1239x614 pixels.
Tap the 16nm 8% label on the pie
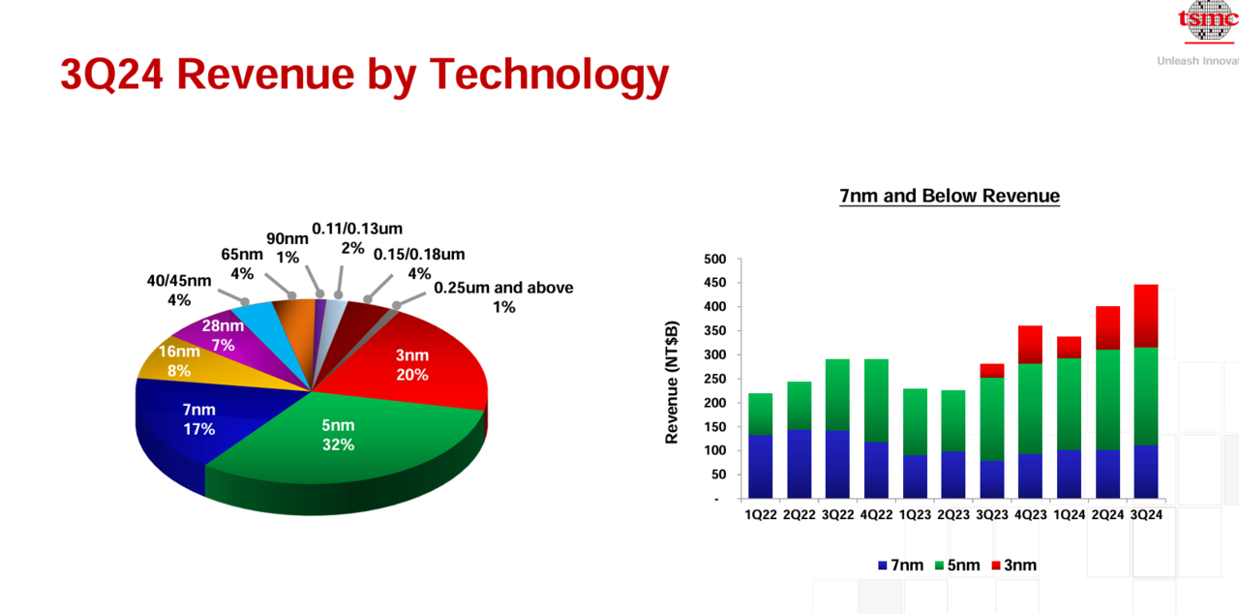(x=179, y=360)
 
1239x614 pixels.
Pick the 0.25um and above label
(x=503, y=297)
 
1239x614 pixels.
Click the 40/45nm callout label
(x=179, y=290)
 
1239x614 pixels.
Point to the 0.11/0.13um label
(x=357, y=238)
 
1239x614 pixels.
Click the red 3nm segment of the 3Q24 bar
(x=1145, y=316)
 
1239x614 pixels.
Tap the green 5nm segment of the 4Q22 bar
(x=876, y=401)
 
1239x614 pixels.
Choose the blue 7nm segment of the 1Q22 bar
(x=761, y=467)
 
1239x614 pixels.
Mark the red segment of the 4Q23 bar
(x=1031, y=345)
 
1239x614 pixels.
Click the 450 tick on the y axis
(x=714, y=283)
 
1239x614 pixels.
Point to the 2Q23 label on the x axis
(x=953, y=515)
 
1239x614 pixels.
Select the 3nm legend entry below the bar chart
(x=1013, y=565)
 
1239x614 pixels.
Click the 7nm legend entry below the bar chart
(x=900, y=565)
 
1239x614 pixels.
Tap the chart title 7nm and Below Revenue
(x=950, y=196)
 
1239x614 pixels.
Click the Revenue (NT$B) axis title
(x=672, y=383)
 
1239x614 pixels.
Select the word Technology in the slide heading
(x=549, y=76)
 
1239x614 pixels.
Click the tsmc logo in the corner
(x=1208, y=21)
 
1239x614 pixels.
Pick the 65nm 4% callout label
(x=242, y=263)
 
